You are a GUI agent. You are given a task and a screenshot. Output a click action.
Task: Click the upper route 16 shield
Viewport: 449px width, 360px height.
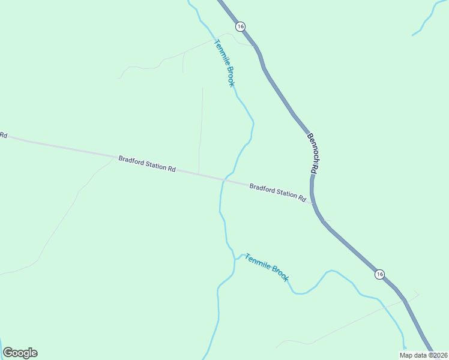[240, 26]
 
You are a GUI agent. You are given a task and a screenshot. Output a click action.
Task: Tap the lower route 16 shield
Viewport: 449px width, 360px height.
[379, 274]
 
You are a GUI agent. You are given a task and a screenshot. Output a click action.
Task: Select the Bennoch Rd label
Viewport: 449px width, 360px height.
[312, 153]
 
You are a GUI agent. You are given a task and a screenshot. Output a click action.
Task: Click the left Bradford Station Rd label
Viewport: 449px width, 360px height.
[146, 164]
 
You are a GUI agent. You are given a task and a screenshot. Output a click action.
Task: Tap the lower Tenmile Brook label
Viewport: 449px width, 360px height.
[267, 268]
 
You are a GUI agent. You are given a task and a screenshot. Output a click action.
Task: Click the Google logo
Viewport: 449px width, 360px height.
[20, 353]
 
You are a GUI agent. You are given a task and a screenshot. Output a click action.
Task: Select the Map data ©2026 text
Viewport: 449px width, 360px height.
[423, 355]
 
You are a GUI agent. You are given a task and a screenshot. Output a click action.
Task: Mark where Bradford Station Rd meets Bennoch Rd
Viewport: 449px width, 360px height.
[312, 203]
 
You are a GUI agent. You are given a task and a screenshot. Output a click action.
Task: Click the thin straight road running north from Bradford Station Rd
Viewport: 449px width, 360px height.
[201, 126]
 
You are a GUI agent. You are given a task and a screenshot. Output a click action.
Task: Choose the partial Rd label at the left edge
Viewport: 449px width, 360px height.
[3, 135]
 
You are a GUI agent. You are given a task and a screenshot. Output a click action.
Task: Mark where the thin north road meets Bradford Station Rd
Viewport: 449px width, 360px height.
[199, 174]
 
